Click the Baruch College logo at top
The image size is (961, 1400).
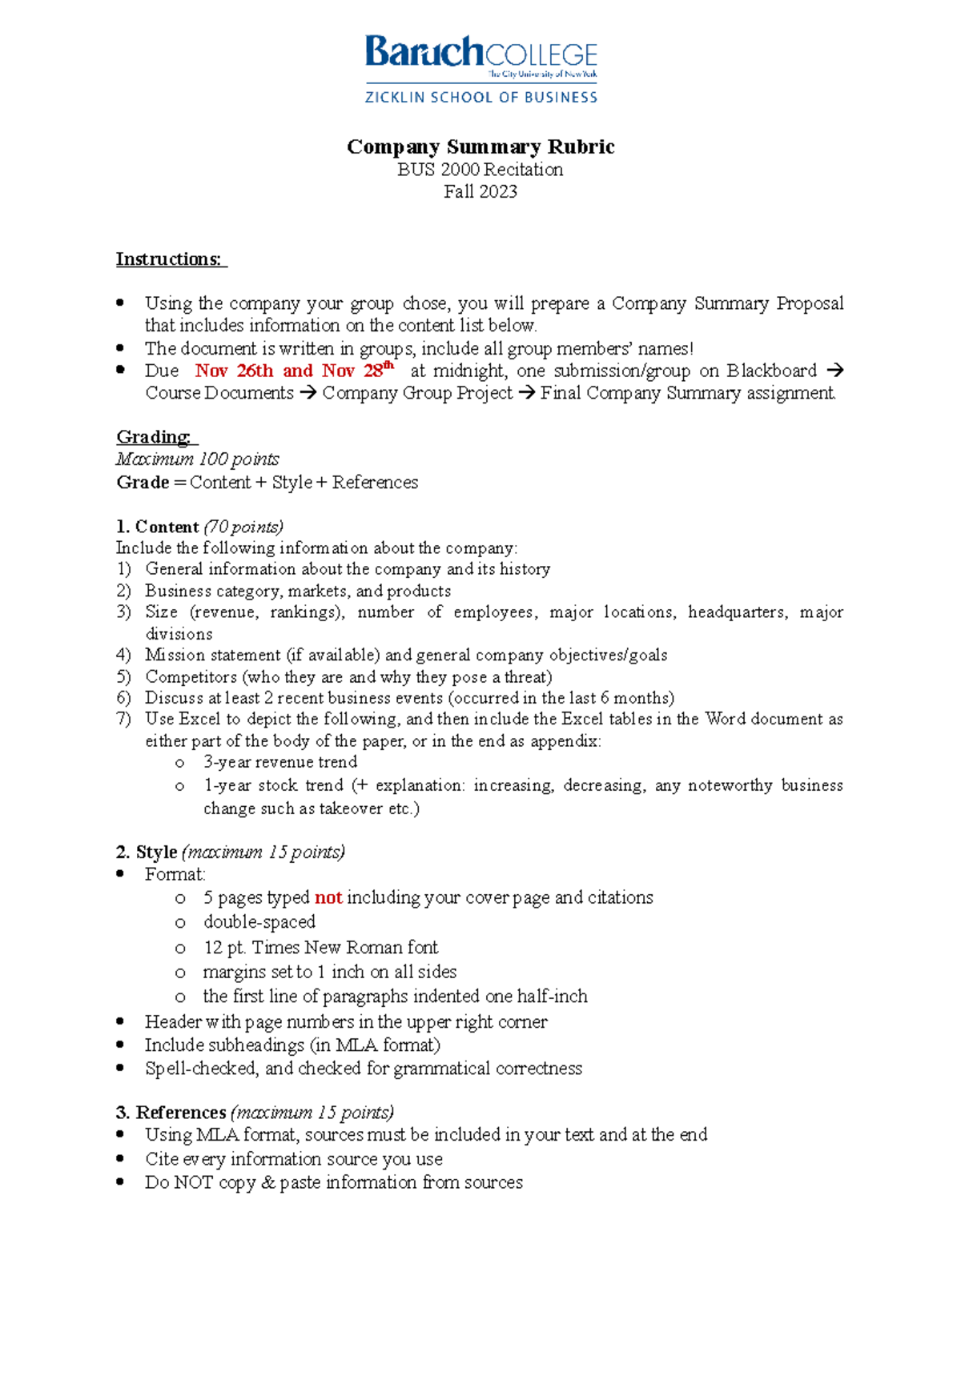(480, 54)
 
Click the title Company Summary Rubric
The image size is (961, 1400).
(480, 146)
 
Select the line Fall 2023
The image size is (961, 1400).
(480, 191)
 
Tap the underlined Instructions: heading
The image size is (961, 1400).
(170, 259)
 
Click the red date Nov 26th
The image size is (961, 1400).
(234, 371)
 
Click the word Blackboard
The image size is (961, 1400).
(771, 371)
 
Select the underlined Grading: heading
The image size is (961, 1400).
(155, 437)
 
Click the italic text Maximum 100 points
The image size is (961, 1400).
(198, 459)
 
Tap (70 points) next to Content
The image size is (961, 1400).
(243, 527)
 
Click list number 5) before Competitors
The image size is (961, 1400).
(123, 676)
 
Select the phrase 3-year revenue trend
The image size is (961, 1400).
(280, 762)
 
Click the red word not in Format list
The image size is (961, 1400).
(328, 897)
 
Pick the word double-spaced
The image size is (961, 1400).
(259, 922)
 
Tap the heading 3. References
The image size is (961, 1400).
(171, 1113)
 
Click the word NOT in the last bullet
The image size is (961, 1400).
(193, 1182)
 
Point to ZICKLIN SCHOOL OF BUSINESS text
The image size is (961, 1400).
(480, 98)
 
